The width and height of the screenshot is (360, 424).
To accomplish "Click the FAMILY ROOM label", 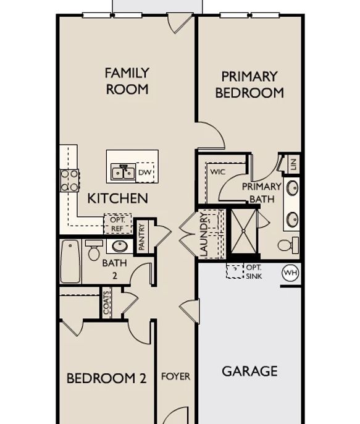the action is [x=127, y=81].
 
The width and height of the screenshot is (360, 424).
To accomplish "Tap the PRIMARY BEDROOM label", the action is [x=249, y=85].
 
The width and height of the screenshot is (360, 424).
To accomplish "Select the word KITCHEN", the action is [x=118, y=198].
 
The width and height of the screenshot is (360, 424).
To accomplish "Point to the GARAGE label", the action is [x=249, y=371].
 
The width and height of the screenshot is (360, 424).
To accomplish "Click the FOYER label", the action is [x=175, y=376].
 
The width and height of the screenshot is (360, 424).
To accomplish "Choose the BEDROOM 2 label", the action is [x=106, y=378].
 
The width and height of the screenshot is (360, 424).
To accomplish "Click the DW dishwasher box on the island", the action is [x=145, y=172].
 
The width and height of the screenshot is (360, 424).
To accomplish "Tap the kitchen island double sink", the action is [x=123, y=172].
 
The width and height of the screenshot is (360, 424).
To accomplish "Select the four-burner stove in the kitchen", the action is [x=69, y=180].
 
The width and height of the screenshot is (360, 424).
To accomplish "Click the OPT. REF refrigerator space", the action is [x=117, y=224].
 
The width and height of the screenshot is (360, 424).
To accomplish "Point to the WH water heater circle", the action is [x=290, y=273].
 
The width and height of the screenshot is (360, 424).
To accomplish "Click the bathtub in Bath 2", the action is [x=70, y=261].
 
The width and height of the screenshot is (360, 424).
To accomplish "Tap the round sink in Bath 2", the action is [x=120, y=246].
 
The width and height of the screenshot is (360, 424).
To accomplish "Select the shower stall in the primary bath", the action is [x=243, y=231].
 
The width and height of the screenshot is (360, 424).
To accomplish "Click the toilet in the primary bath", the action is [x=288, y=245].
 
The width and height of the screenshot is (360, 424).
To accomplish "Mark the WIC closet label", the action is [x=217, y=172].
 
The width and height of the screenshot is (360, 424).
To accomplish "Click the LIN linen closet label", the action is [x=294, y=164].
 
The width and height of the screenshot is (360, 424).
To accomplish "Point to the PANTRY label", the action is [x=141, y=237].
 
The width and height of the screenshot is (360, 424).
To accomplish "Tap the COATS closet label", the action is [x=106, y=303].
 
